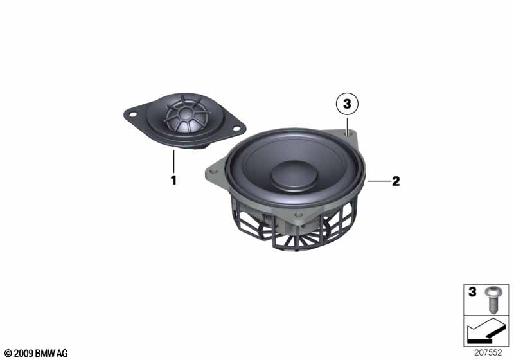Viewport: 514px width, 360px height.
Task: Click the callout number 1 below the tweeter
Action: tap(173, 180)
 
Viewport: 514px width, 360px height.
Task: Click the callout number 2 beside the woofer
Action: tap(396, 181)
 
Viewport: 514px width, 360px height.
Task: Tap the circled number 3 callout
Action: tap(347, 104)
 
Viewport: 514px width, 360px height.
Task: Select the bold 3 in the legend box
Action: tap(472, 292)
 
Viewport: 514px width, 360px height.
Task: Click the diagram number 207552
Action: tap(488, 352)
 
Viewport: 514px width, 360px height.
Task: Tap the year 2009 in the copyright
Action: tap(23, 354)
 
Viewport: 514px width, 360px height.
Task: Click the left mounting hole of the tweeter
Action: tap(133, 114)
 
